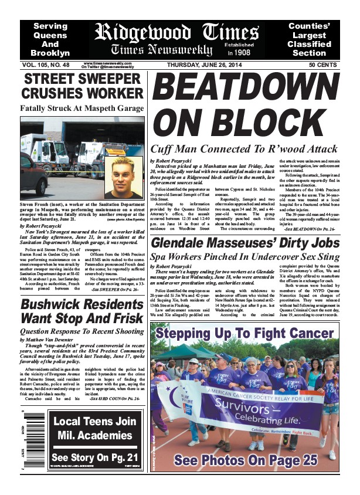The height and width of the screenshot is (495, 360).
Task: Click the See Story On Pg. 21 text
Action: (x=94, y=457)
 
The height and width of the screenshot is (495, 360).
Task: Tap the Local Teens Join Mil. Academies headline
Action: (x=94, y=428)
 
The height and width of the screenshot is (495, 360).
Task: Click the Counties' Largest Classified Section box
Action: (x=317, y=39)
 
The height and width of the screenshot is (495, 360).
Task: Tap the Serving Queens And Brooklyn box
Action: (x=50, y=39)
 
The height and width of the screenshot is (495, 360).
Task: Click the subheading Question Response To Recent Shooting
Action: (x=82, y=330)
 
